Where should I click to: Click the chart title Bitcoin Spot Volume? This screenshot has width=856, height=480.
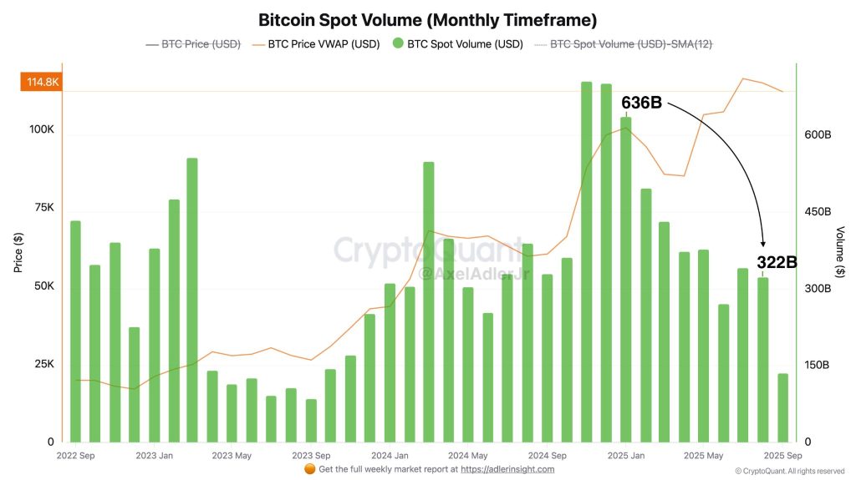click(x=427, y=19)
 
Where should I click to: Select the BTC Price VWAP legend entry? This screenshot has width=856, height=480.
click(x=324, y=44)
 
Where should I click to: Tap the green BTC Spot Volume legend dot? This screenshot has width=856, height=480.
click(x=396, y=44)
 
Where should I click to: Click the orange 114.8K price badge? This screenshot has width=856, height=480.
click(x=43, y=82)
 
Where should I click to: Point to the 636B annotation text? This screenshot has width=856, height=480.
click(x=641, y=103)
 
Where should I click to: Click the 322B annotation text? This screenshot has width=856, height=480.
click(x=777, y=262)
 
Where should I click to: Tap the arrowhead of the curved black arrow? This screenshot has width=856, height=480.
click(x=763, y=241)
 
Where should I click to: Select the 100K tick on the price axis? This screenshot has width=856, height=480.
click(x=41, y=130)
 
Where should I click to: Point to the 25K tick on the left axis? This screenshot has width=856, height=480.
click(x=43, y=364)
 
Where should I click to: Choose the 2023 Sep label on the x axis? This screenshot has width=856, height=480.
click(x=310, y=456)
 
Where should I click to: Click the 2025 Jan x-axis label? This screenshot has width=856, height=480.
click(x=625, y=456)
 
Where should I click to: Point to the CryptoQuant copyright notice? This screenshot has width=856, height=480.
click(x=790, y=472)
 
